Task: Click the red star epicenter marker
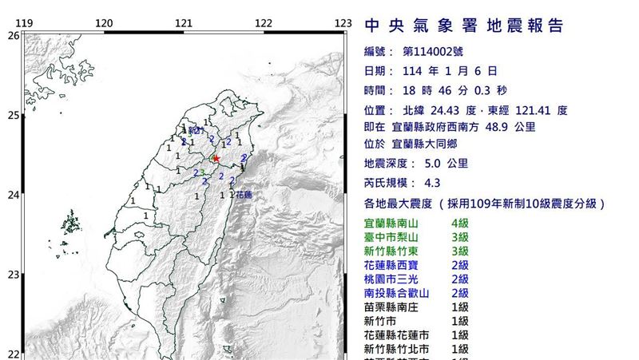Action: click(216, 159)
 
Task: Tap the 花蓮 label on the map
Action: click(243, 194)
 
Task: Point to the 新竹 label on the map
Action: click(196, 130)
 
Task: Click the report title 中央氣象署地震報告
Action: click(464, 26)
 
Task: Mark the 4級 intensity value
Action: click(461, 223)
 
